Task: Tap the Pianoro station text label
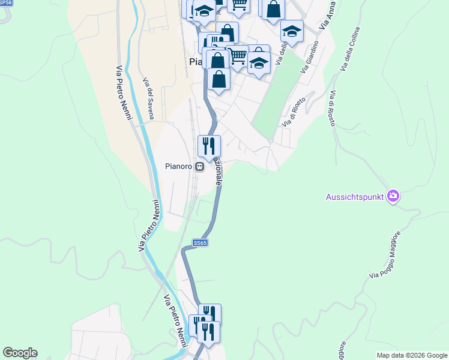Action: pos(178,167)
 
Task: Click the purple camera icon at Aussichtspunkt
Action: pos(393,196)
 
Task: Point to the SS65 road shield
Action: pos(200,243)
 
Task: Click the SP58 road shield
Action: pos(5,2)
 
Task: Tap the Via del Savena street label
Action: pos(148,98)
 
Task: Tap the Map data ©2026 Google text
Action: pos(412,355)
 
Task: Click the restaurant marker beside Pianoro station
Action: pos(209,145)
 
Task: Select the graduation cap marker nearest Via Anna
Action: pos(292,31)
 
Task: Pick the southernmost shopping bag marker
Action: pos(219,79)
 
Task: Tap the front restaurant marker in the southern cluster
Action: pos(208,331)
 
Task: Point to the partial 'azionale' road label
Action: pos(217,173)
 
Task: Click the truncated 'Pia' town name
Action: pos(197,61)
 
